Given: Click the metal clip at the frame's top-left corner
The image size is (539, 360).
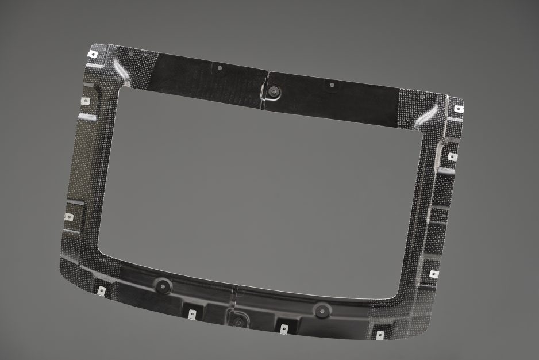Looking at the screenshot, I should coord(92,55).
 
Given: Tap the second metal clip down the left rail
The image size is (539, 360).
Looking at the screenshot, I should coord(86,101).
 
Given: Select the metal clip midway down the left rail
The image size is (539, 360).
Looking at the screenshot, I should coord(69,217).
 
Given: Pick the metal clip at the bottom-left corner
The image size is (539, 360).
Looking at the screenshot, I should coord(101,291).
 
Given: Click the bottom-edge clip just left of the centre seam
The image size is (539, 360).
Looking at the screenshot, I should coord(192,314).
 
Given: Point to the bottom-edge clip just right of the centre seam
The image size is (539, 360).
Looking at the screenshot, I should coord(284,330).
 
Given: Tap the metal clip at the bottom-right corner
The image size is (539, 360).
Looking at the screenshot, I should coord(380,335).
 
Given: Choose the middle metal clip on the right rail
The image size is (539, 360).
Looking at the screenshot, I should coord(452,156).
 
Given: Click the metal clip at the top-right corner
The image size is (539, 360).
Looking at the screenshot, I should coord(458,108).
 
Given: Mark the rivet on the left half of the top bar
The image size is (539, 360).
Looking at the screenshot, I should coord(220,68).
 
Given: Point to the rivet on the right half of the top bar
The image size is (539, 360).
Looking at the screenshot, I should coord(332,85).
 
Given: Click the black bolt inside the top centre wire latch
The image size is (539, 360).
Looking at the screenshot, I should coord(274,91).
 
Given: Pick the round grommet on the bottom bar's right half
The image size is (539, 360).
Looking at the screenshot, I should coord(319,310).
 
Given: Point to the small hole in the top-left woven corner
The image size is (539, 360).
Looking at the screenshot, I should coord(132,53).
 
